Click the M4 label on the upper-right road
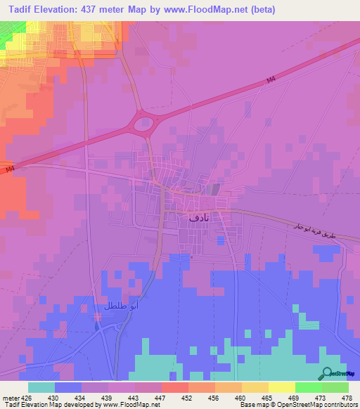pos(272,82)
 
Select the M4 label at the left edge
pos(8,169)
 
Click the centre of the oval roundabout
pos(143,126)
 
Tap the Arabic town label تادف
pos(200,218)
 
